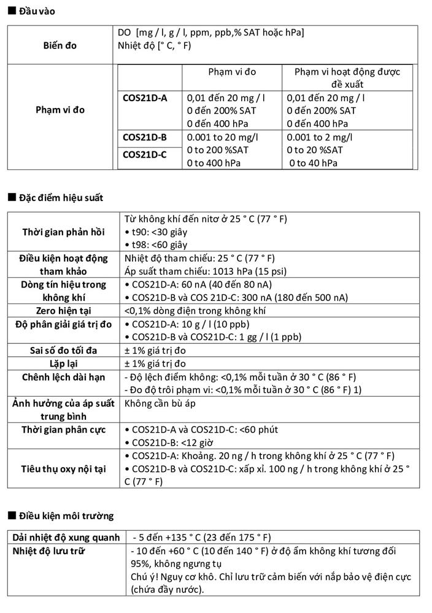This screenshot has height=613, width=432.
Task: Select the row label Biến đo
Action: pos(60,45)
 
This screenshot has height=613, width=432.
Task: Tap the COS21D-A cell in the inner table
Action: pos(145,97)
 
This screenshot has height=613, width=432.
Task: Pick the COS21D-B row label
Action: pos(144,137)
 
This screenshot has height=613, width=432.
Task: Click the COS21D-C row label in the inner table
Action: pos(144,154)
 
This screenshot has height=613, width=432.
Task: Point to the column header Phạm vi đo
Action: pos(232,72)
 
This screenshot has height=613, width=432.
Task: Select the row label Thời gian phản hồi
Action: pos(64,232)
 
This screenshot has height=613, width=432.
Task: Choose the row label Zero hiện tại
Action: pos(64,311)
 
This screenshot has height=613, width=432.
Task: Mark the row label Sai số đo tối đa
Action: pos(64,351)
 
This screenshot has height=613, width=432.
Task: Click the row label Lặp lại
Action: pos(64,364)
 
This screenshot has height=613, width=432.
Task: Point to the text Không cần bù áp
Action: pos(161,403)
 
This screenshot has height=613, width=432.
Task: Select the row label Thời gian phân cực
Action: pos(64,429)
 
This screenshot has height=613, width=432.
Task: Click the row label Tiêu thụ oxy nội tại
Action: pos(64,468)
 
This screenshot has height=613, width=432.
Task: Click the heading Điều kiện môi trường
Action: pos(66,516)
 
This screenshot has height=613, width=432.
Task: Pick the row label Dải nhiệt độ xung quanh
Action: pos(66,537)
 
